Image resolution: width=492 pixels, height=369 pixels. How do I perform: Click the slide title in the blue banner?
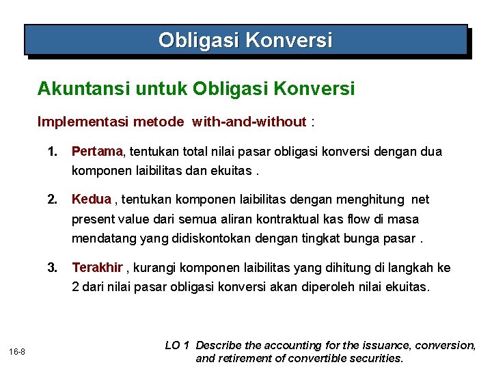(x=245, y=40)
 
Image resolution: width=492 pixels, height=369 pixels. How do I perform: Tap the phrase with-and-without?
(x=249, y=122)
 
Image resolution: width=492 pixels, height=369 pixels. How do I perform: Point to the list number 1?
(x=52, y=151)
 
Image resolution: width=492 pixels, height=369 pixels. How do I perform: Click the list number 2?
(x=52, y=200)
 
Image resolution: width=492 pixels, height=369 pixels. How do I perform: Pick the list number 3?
(x=52, y=267)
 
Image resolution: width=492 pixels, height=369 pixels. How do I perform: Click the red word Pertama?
(x=96, y=151)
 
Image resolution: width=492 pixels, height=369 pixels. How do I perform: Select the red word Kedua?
(x=91, y=200)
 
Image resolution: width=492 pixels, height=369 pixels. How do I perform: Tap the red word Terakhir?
(x=97, y=267)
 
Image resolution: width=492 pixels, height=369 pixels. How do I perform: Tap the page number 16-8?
(x=18, y=351)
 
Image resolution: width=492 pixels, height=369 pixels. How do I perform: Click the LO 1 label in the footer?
(x=177, y=346)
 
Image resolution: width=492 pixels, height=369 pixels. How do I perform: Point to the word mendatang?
(x=100, y=239)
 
